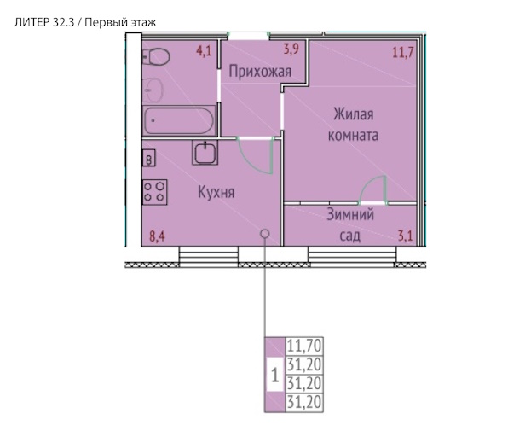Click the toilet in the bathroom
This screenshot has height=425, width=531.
pos(156,56)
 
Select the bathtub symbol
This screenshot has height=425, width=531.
pos(178,120)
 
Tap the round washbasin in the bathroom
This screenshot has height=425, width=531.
pos(153,90)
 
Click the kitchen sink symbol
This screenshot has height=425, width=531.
pos(205,152)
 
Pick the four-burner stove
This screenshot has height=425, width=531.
pos(155,192)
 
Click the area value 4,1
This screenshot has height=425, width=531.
pos(204,51)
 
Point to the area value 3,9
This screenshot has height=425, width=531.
pos(291,49)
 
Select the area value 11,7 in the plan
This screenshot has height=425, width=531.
pos(403,53)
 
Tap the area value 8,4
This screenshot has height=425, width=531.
pos(158,236)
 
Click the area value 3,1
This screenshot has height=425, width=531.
pos(406,236)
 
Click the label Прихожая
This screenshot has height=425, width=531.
pos(260,72)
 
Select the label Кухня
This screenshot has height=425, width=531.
pos(216,192)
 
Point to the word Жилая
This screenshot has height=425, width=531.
pos(354,114)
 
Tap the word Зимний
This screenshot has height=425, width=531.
pos(350,214)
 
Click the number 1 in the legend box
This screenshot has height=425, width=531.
pos(275,376)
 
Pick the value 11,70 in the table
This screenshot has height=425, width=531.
pos(304,346)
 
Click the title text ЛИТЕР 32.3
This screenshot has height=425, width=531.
pos(44,23)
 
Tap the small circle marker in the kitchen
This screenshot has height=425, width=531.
pos(265,234)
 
